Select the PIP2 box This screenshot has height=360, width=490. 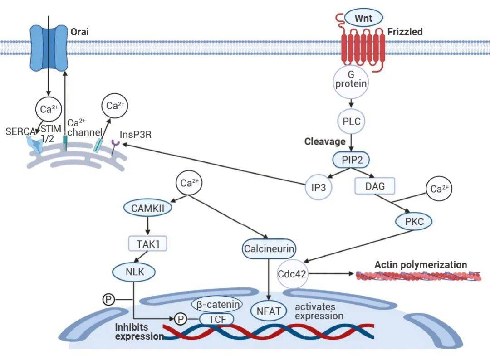350,160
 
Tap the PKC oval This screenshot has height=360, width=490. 413,222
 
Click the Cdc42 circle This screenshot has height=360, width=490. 293,273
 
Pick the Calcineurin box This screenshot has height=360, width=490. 269,248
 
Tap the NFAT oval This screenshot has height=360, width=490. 269,311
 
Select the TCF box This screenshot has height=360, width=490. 216,319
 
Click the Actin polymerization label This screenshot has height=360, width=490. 420,264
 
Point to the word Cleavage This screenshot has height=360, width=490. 325,142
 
